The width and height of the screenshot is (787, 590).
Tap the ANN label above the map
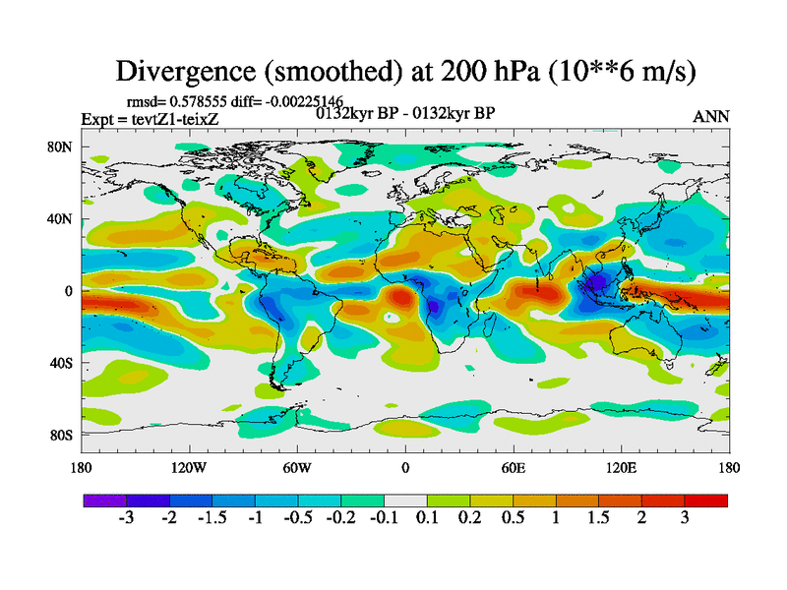[711, 116]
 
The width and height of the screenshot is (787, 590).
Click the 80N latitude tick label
[62, 147]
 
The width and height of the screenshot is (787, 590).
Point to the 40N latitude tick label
[62, 219]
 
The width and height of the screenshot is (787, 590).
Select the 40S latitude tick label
[62, 363]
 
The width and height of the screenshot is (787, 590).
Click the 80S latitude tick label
[62, 435]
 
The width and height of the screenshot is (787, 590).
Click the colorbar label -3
[126, 519]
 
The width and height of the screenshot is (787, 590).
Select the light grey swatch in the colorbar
[405, 501]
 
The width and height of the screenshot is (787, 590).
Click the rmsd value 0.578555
[203, 101]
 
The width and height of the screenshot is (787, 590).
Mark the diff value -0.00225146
[296, 101]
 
